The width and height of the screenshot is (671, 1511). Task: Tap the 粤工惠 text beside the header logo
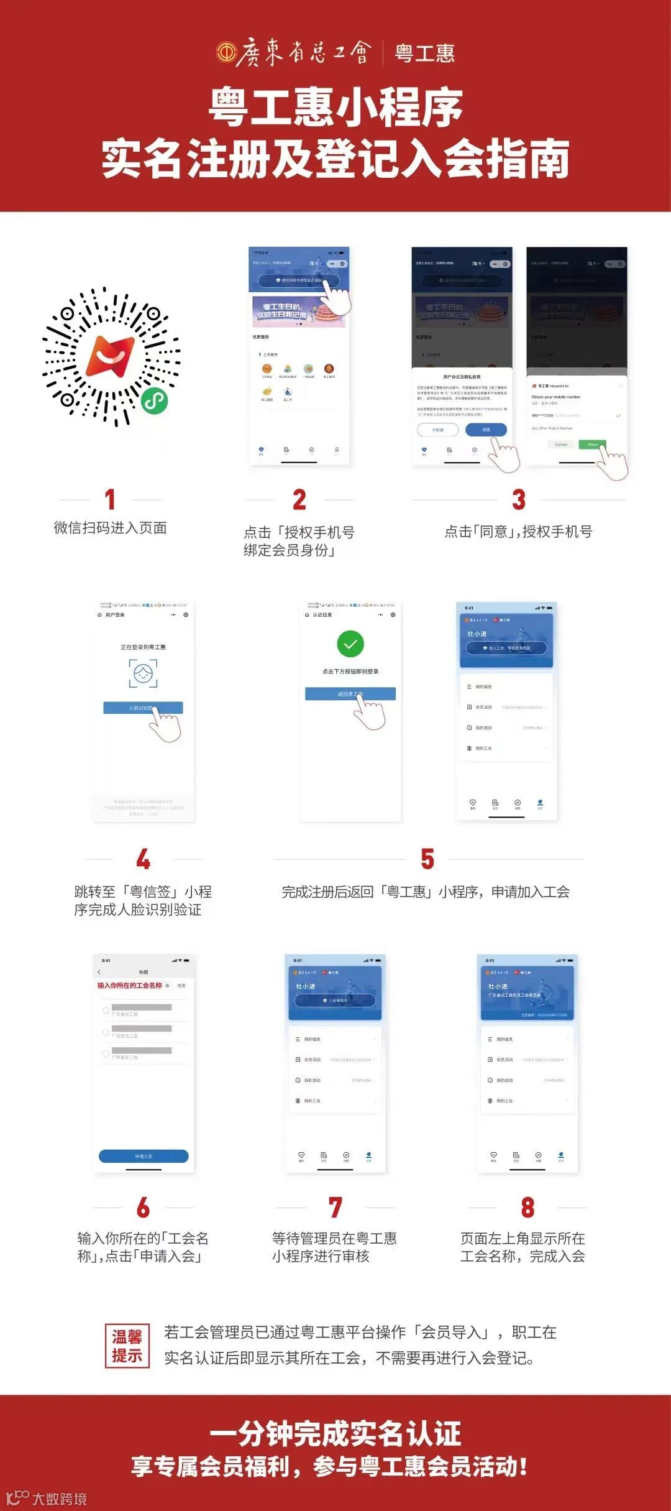coord(425,53)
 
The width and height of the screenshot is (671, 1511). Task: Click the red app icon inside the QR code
coord(111,356)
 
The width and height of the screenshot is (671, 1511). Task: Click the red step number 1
coord(110,499)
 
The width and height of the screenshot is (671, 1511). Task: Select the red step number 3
coord(519,499)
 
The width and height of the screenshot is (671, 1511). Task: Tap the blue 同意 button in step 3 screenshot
coord(486,430)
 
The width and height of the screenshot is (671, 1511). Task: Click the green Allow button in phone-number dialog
coord(592,445)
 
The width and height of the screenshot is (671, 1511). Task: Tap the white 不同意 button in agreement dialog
coord(438,430)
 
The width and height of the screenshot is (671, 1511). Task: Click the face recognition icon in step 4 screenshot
coord(143,673)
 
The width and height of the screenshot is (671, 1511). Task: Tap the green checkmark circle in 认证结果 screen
coord(350,644)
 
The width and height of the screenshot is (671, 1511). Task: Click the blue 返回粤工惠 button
coord(350,694)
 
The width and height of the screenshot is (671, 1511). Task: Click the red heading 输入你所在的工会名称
coord(130,986)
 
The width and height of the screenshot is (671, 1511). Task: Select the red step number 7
coord(335,1208)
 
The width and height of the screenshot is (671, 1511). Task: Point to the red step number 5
coord(427,859)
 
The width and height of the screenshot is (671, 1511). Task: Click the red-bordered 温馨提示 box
coord(127,1346)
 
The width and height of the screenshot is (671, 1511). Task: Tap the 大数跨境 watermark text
coord(59,1499)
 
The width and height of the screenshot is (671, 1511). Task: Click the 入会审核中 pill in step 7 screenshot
coord(335,1000)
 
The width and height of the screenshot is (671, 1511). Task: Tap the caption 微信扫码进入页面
coord(111,528)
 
